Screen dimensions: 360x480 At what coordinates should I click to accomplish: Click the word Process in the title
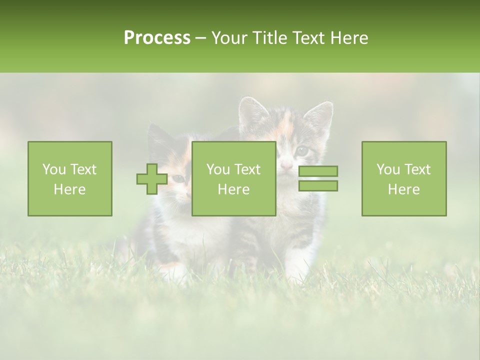point(157,38)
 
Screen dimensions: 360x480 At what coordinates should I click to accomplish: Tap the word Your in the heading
point(230,38)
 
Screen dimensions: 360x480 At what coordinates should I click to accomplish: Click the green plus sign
point(152,179)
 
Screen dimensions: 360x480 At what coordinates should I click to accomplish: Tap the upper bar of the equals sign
point(318,171)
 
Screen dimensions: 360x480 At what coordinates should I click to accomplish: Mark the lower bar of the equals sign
point(318,186)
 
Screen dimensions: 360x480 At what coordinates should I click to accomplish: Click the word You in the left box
point(53,169)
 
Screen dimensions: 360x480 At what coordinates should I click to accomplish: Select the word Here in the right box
point(403,189)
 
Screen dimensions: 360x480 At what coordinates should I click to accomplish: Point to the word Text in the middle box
point(247,169)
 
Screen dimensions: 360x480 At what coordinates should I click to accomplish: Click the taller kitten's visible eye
point(302,150)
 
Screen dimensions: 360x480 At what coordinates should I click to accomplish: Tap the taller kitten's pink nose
point(286,164)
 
